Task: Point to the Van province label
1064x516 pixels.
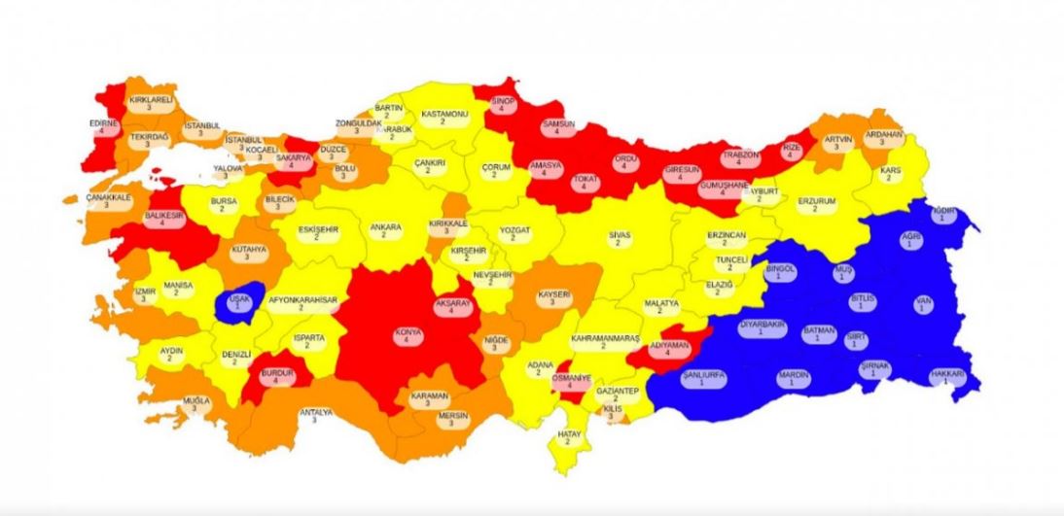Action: click(x=923, y=305)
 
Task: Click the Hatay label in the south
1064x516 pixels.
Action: click(x=568, y=436)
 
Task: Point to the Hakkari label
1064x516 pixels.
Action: click(x=945, y=376)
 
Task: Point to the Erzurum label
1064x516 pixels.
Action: click(x=816, y=205)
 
